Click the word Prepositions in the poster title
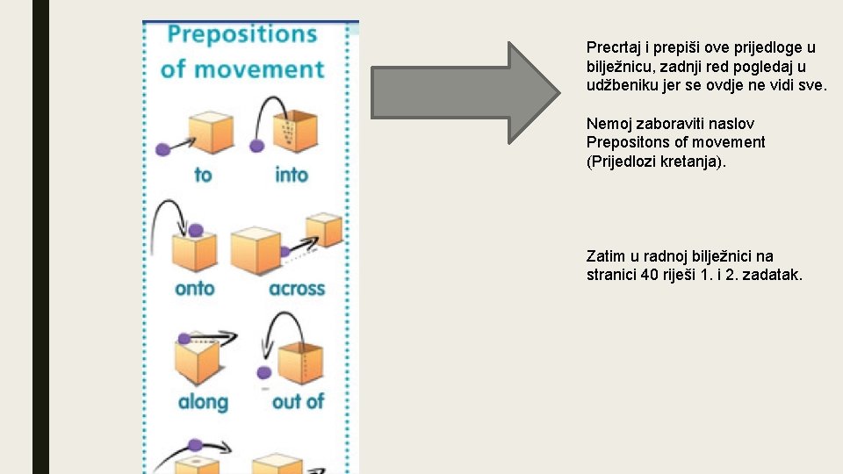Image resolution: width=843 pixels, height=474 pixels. (x=241, y=35)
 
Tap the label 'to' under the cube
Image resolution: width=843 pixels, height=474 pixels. (x=203, y=175)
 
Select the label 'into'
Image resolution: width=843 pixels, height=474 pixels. (x=292, y=175)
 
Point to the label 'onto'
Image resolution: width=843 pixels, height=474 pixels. (x=195, y=288)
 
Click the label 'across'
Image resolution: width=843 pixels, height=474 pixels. (x=297, y=288)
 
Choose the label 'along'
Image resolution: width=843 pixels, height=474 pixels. (x=203, y=402)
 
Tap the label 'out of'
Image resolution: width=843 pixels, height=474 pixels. (x=298, y=402)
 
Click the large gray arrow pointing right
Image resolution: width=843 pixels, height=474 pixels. (x=465, y=91)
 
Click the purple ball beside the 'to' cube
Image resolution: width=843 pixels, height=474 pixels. (x=162, y=150)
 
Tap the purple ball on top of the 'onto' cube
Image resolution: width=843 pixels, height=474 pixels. (x=196, y=230)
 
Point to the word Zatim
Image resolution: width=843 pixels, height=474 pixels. (x=605, y=256)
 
